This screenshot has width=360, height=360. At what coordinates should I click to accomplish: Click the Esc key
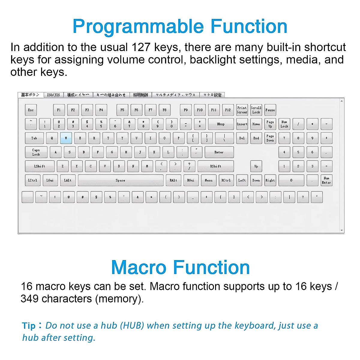click(x=31, y=110)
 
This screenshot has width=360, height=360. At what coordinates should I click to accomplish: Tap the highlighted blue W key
click(x=66, y=138)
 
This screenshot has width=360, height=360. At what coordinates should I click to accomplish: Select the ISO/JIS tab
click(x=53, y=95)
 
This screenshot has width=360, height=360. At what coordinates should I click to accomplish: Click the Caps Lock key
click(x=36, y=152)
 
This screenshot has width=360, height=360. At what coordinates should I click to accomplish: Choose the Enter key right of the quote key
click(x=219, y=152)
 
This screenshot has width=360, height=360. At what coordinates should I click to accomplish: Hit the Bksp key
click(x=221, y=124)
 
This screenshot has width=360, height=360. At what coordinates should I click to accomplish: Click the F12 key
click(x=228, y=110)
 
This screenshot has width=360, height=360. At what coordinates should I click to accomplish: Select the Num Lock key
click(x=284, y=124)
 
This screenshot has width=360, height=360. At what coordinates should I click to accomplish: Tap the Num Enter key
click(x=326, y=180)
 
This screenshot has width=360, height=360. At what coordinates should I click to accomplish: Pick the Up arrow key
click(x=256, y=166)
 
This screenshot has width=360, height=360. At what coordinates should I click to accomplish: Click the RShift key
click(x=216, y=166)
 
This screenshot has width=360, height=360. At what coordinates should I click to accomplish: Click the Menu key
click(x=208, y=180)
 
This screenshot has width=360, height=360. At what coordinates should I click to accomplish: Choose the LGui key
click(x=50, y=180)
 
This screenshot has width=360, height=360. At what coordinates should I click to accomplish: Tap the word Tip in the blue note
click(x=29, y=326)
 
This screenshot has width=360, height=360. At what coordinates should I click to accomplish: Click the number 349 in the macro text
click(x=29, y=299)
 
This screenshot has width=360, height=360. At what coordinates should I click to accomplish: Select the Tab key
click(x=34, y=138)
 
